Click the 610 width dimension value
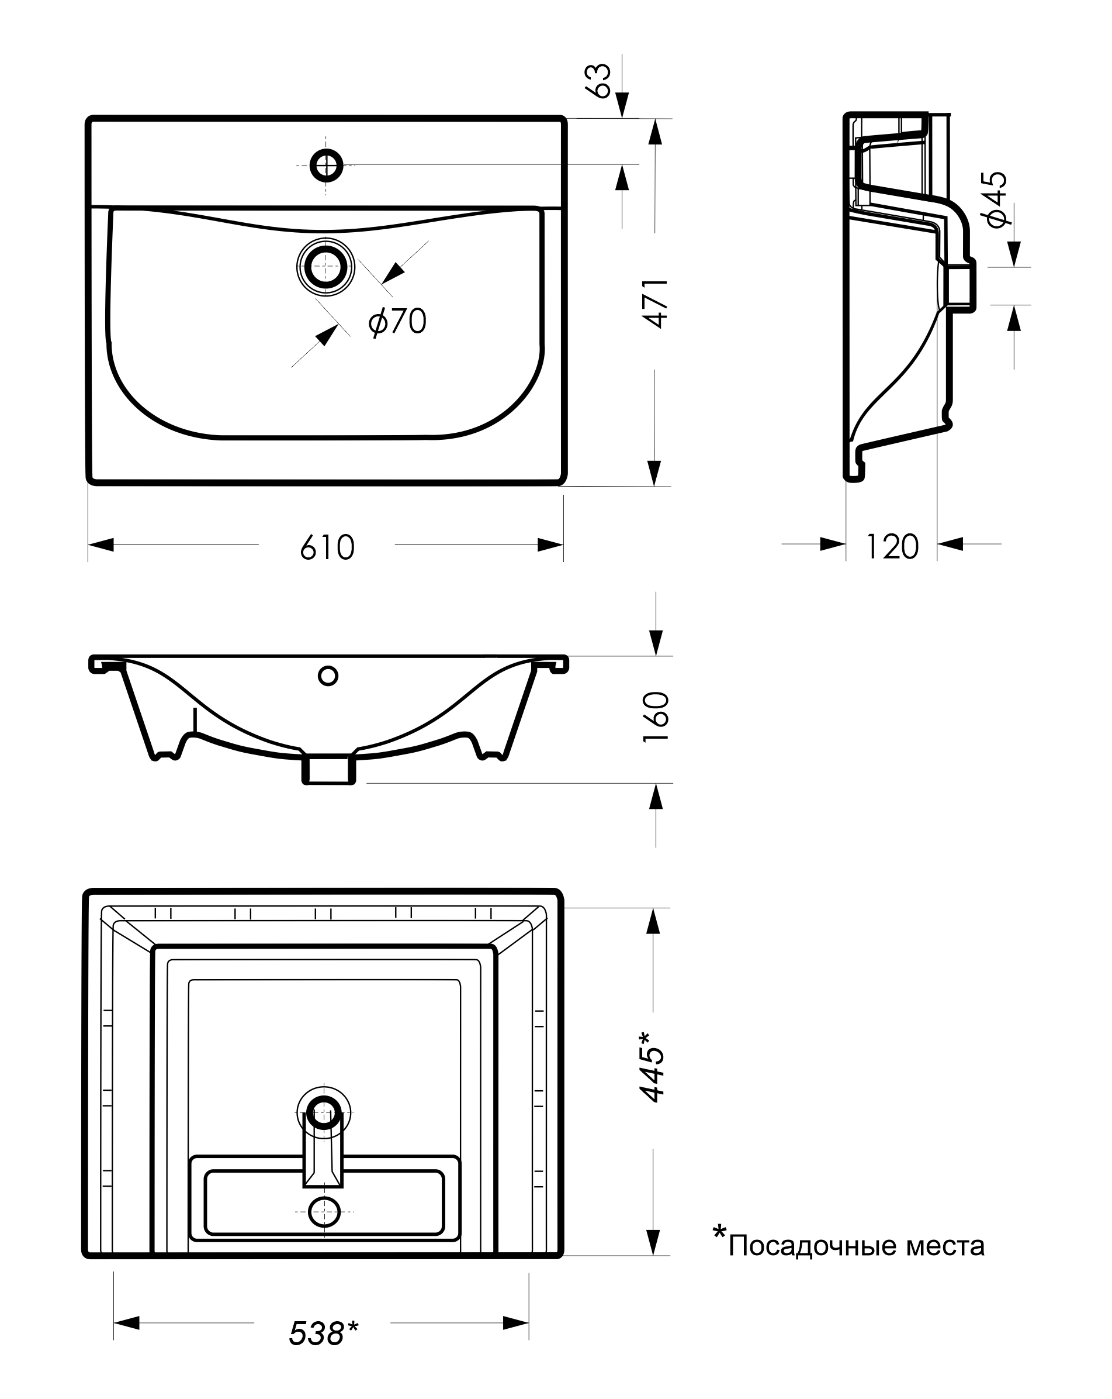(x=327, y=547)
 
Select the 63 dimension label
(x=600, y=81)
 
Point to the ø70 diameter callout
(x=397, y=321)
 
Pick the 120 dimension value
(x=892, y=546)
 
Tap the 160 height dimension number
(x=656, y=717)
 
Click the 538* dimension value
(x=324, y=1333)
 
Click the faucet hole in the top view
(x=326, y=166)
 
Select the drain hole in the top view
(x=325, y=267)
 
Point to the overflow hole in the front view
(x=328, y=676)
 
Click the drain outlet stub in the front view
(x=329, y=769)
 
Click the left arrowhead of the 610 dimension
(x=101, y=545)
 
